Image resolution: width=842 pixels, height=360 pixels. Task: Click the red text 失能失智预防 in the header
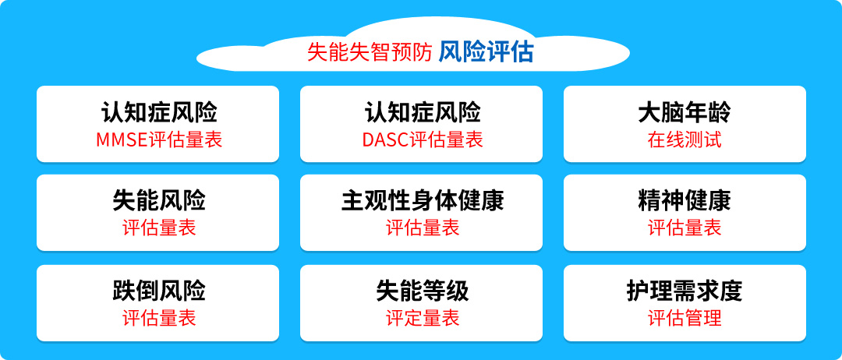pyautogui.click(x=370, y=53)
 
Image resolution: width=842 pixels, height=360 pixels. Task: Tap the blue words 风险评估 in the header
pyautogui.click(x=486, y=52)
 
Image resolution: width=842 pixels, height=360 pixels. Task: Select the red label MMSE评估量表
pyautogui.click(x=159, y=139)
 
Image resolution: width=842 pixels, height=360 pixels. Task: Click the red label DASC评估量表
pyautogui.click(x=423, y=139)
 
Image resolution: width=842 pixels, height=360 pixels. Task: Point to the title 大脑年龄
pyautogui.click(x=685, y=113)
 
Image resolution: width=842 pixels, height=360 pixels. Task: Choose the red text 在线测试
pyautogui.click(x=685, y=139)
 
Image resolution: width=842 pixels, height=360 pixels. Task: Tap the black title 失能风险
pyautogui.click(x=159, y=201)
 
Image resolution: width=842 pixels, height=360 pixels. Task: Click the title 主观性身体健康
pyautogui.click(x=423, y=201)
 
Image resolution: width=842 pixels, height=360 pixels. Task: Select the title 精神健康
pyautogui.click(x=685, y=201)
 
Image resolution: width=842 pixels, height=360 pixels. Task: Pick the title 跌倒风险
pyautogui.click(x=159, y=291)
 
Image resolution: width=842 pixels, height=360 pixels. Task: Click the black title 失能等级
pyautogui.click(x=423, y=291)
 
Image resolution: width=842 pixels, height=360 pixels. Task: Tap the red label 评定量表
pyautogui.click(x=423, y=318)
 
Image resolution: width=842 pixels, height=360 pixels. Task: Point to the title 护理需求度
pyautogui.click(x=685, y=291)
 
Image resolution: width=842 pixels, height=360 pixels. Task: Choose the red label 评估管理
pyautogui.click(x=685, y=318)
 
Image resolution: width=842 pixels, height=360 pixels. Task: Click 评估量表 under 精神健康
pyautogui.click(x=685, y=228)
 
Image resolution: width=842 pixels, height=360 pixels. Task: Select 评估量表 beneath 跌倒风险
pyautogui.click(x=159, y=318)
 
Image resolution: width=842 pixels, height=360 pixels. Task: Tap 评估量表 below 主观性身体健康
pyautogui.click(x=423, y=228)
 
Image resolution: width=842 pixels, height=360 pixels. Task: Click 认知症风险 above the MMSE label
pyautogui.click(x=159, y=113)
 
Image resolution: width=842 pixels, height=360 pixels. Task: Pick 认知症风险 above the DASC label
pyautogui.click(x=423, y=113)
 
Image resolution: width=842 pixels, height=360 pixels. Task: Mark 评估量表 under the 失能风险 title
pyautogui.click(x=159, y=228)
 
